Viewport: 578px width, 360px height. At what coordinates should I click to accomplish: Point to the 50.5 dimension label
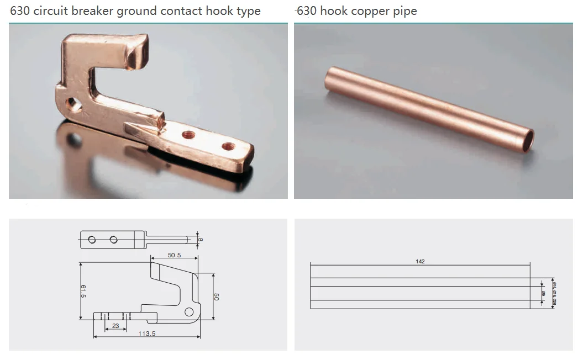coord(175,255)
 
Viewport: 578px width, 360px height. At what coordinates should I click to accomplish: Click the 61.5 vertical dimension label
coord(83,291)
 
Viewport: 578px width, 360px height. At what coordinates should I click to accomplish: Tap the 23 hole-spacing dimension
coord(115,326)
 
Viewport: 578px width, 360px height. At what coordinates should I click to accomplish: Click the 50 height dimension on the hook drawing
coord(216,297)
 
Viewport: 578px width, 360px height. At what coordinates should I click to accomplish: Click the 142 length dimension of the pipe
coord(420,261)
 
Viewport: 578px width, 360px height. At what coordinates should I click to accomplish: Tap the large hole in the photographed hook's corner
coord(71,103)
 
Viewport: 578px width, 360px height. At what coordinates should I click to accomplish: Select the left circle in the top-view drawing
coord(92,240)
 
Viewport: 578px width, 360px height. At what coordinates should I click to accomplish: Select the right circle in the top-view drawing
coord(114,240)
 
